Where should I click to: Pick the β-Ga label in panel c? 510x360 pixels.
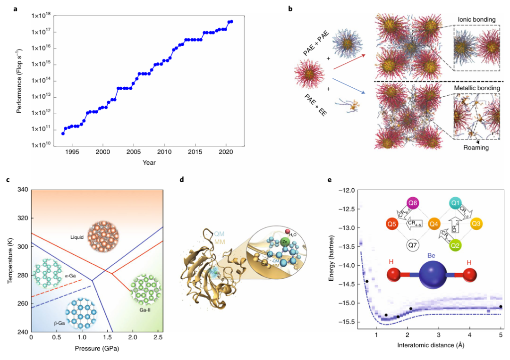tap(59, 322)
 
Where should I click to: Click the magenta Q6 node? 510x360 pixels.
tap(413, 203)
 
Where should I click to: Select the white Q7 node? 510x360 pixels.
tap(413, 245)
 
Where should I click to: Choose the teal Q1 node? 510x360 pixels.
tap(456, 203)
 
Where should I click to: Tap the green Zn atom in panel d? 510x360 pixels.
tap(284, 242)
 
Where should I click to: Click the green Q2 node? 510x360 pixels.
tap(456, 245)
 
